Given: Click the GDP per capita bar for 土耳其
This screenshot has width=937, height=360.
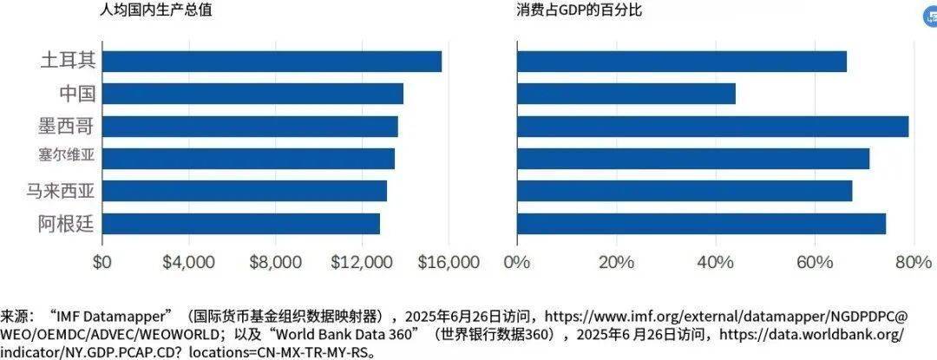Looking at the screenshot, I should pos(272,61).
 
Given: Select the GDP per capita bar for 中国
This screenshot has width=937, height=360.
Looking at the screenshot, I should pos(252,94).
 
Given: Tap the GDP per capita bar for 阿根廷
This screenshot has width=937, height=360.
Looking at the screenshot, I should pos(240,224).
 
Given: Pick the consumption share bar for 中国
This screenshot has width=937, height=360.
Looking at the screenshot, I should pos(626,94).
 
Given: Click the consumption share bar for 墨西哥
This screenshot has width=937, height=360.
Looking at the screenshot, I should pos(712,126).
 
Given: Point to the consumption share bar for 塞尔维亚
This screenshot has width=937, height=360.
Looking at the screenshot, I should pos(692,159).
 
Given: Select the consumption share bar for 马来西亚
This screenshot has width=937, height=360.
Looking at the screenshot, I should pos(685,191).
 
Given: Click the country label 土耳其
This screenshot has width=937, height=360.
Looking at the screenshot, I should pos(68,61).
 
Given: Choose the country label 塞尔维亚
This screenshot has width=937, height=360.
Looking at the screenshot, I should pos(67,158).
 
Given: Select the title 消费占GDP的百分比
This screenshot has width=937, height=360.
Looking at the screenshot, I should pos(579,11).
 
